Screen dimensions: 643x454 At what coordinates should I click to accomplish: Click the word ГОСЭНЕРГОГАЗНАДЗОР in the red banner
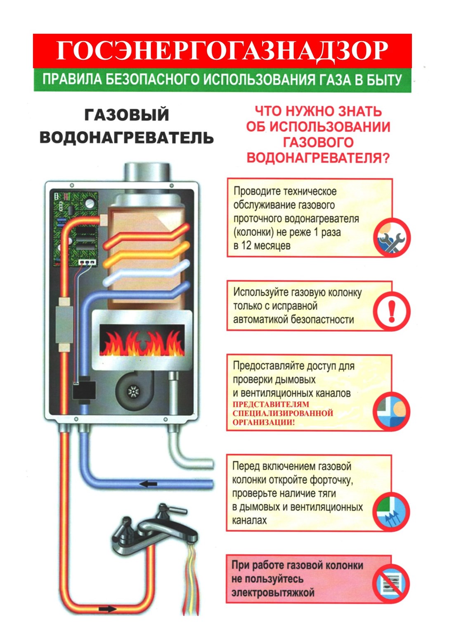[222, 50]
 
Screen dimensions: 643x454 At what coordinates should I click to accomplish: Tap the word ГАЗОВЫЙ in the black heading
[127, 115]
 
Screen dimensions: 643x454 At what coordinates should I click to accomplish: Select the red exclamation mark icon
[392, 311]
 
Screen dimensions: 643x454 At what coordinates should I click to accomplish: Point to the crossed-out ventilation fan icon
[390, 583]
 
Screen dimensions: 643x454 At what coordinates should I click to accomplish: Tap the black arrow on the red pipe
[108, 609]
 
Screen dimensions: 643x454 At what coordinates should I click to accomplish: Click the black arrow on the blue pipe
[149, 483]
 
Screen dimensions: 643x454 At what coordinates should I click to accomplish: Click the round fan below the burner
[133, 390]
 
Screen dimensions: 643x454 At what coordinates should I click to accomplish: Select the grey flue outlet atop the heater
[147, 171]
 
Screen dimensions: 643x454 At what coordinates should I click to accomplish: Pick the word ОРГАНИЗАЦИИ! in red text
[264, 422]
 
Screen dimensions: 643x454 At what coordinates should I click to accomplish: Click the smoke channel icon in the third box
[392, 412]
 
